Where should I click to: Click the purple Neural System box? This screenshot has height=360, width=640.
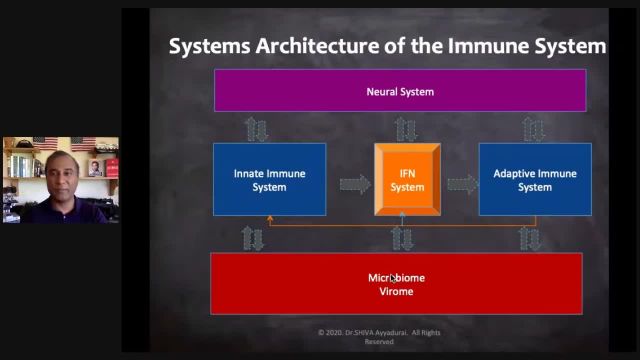click(400, 91)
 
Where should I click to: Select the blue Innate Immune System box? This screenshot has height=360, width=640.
click(269, 180)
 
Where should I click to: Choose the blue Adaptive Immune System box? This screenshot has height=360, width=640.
click(535, 180)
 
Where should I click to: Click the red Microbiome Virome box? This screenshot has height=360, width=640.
click(396, 284)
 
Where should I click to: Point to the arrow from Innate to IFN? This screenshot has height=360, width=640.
click(354, 184)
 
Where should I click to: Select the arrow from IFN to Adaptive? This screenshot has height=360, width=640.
click(462, 184)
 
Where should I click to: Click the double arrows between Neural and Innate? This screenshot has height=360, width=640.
click(256, 128)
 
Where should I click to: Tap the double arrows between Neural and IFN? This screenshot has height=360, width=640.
click(405, 128)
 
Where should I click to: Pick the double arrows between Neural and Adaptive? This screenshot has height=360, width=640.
click(534, 128)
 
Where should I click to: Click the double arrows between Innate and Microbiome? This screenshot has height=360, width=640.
click(253, 237)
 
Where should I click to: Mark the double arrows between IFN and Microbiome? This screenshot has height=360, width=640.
click(402, 237)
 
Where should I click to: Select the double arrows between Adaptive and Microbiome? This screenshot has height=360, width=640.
click(530, 237)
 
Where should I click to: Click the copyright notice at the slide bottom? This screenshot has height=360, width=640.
click(379, 336)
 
